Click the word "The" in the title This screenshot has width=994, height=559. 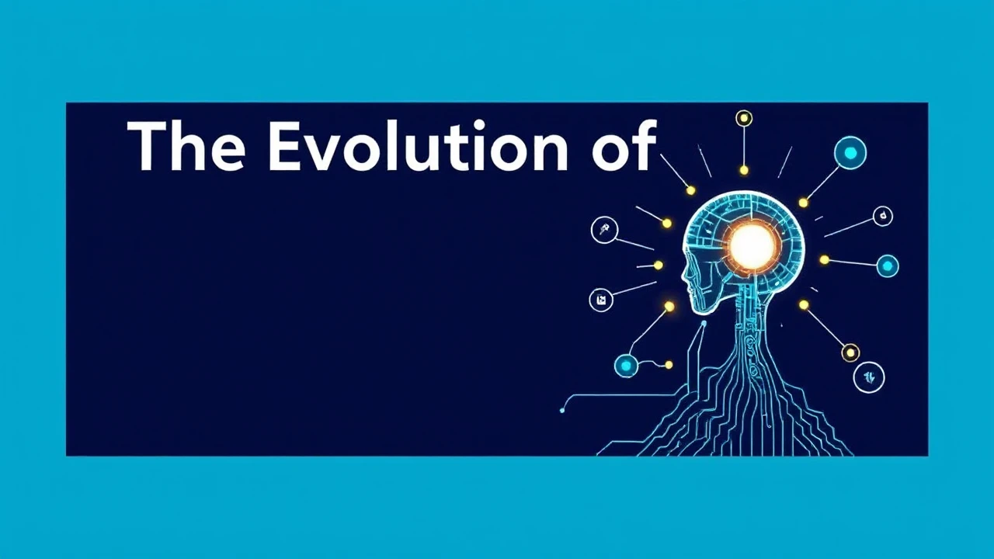(x=186, y=146)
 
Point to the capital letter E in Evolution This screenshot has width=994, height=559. (x=284, y=146)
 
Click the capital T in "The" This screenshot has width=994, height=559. (x=147, y=146)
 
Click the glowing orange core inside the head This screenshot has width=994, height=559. (x=752, y=245)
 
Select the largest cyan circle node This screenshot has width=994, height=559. (x=850, y=153)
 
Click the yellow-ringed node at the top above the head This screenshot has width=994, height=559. (x=744, y=119)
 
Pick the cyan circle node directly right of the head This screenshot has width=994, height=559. (x=887, y=266)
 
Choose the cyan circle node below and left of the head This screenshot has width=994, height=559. (x=626, y=365)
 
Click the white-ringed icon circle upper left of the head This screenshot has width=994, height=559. (x=604, y=230)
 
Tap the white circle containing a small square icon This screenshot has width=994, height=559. (x=601, y=299)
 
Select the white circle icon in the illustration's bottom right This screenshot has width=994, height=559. (x=869, y=378)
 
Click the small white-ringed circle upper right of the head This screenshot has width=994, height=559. (x=883, y=216)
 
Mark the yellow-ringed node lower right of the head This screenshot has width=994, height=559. (x=850, y=353)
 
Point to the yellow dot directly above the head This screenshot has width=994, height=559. (x=744, y=170)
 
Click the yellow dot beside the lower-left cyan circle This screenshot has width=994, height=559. (x=669, y=364)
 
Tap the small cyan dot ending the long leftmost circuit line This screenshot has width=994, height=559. (x=562, y=409)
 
